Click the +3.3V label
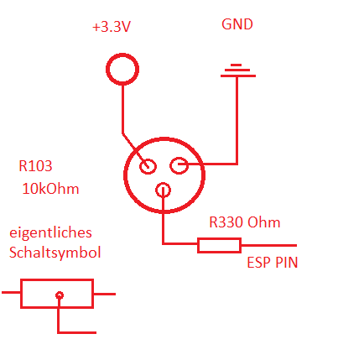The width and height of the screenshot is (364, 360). tap(112, 27)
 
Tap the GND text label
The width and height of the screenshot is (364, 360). tap(237, 24)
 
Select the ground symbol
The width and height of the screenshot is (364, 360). tap(238, 70)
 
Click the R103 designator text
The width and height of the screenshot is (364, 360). tap(35, 166)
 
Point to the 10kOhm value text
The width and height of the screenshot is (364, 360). tap(50, 189)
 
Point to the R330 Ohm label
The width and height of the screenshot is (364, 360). tap(245, 222)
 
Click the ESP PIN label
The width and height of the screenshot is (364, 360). tap(273, 263)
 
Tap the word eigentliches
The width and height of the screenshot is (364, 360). tap(50, 232)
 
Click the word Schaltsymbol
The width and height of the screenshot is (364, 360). tap(55, 252)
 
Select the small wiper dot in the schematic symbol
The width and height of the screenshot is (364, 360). tap(60, 295)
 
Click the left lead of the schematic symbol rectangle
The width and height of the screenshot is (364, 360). tap(11, 293)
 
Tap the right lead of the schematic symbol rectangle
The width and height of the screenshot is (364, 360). tap(104, 294)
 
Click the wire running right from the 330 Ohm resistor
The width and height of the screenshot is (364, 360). tap(269, 245)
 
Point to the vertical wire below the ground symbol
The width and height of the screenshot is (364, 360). tap(237, 120)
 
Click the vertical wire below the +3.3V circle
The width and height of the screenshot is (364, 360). tap(122, 109)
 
